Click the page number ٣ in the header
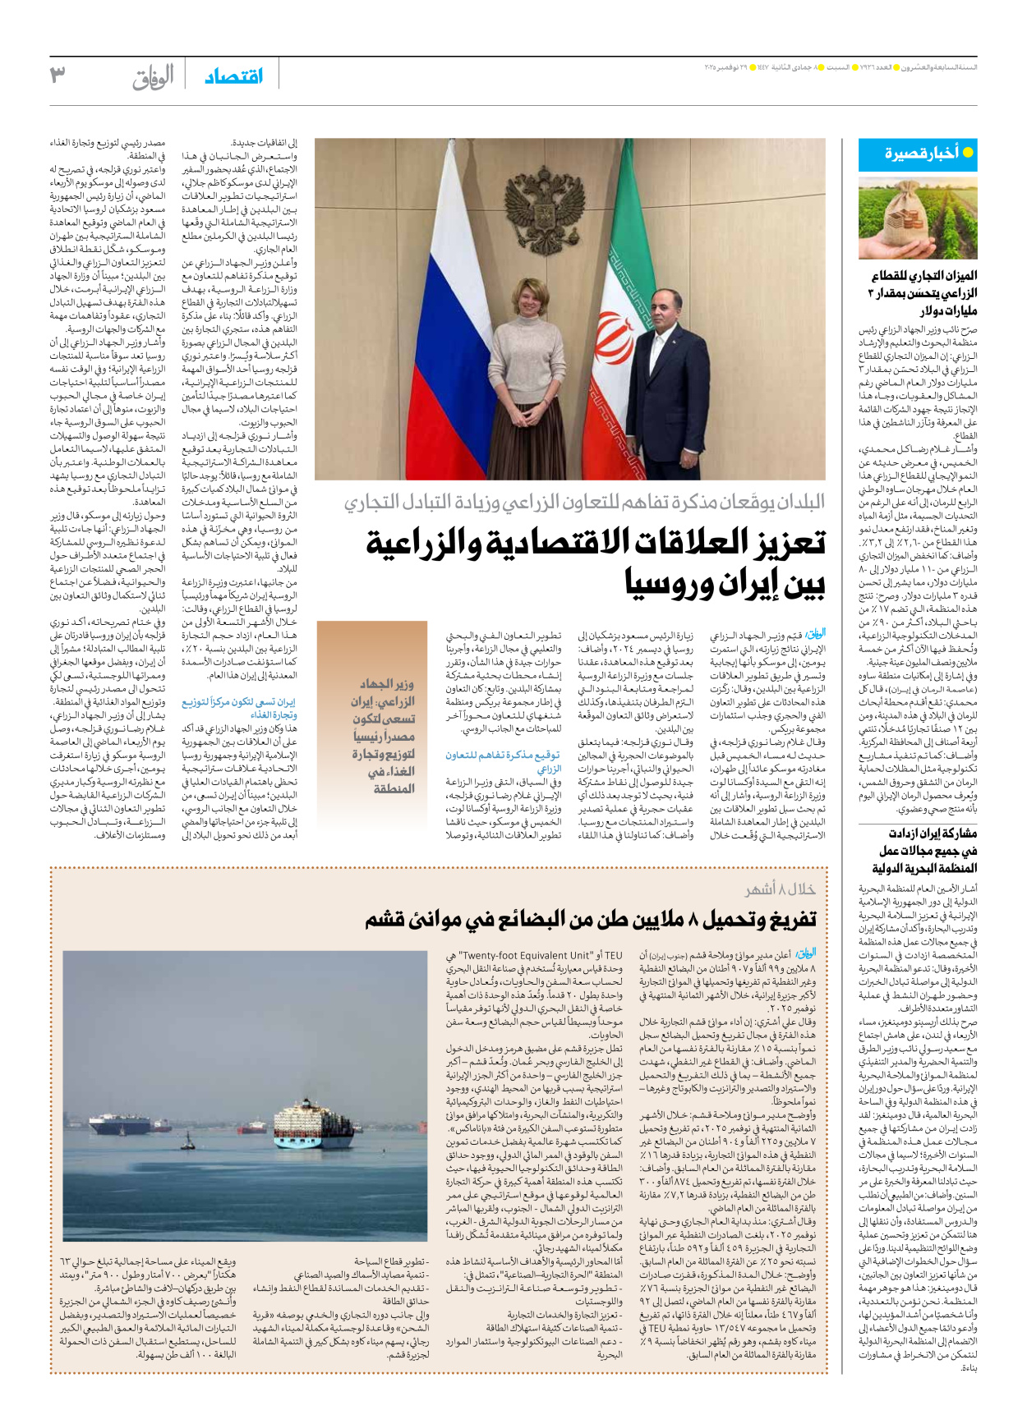coord(58,76)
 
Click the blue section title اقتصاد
coord(234,76)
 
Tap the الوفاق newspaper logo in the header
coord(153,76)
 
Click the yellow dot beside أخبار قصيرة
coord(968,153)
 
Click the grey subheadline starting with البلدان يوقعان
coord(584,502)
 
